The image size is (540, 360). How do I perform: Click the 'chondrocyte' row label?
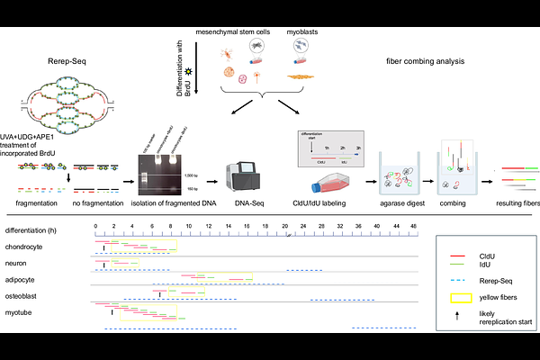(22, 246)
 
